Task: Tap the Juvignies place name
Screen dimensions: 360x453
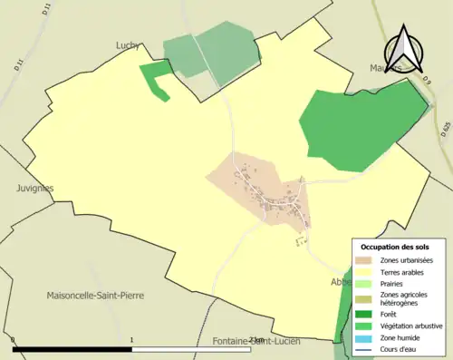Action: click(x=34, y=189)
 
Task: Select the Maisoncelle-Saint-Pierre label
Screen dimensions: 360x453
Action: click(x=95, y=296)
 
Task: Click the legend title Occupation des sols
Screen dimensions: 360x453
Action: click(x=395, y=248)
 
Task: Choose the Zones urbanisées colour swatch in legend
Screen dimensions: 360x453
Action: click(x=364, y=261)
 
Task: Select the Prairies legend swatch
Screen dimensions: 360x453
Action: click(x=364, y=284)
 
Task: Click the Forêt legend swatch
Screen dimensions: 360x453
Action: click(x=364, y=315)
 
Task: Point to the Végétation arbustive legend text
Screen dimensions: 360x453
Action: click(x=410, y=326)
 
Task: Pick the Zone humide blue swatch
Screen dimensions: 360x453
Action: click(x=364, y=336)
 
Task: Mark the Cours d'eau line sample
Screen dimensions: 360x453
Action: click(x=364, y=348)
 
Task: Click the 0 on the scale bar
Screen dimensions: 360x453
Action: click(x=14, y=340)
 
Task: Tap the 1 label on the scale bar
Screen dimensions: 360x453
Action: click(x=132, y=340)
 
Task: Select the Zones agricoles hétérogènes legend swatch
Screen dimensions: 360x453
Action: click(x=364, y=299)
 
